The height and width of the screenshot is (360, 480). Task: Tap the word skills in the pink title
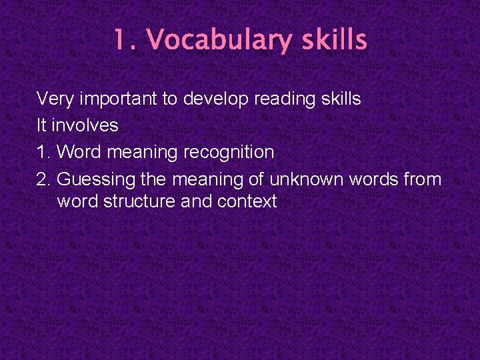(333, 40)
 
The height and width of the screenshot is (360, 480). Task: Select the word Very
(55, 99)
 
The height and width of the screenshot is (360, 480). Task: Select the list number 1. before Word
(44, 152)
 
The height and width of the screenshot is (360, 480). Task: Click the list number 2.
(44, 179)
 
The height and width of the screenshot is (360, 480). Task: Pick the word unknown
(315, 179)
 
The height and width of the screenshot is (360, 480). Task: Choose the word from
(423, 179)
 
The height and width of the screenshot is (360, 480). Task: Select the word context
(247, 201)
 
